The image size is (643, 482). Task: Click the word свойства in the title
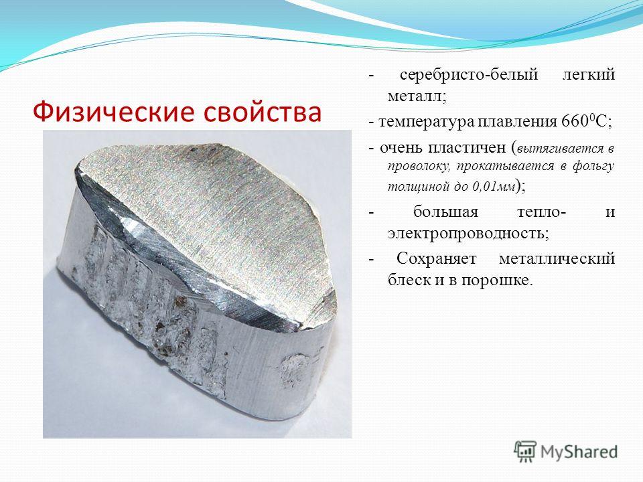(263, 112)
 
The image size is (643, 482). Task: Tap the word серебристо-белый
(469, 74)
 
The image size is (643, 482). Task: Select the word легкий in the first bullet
(588, 74)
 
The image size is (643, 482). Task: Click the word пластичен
(467, 147)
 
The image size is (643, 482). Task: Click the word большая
(446, 212)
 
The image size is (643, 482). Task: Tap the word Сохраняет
(437, 259)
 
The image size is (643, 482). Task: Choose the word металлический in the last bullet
(557, 259)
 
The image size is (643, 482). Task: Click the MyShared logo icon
(525, 452)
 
